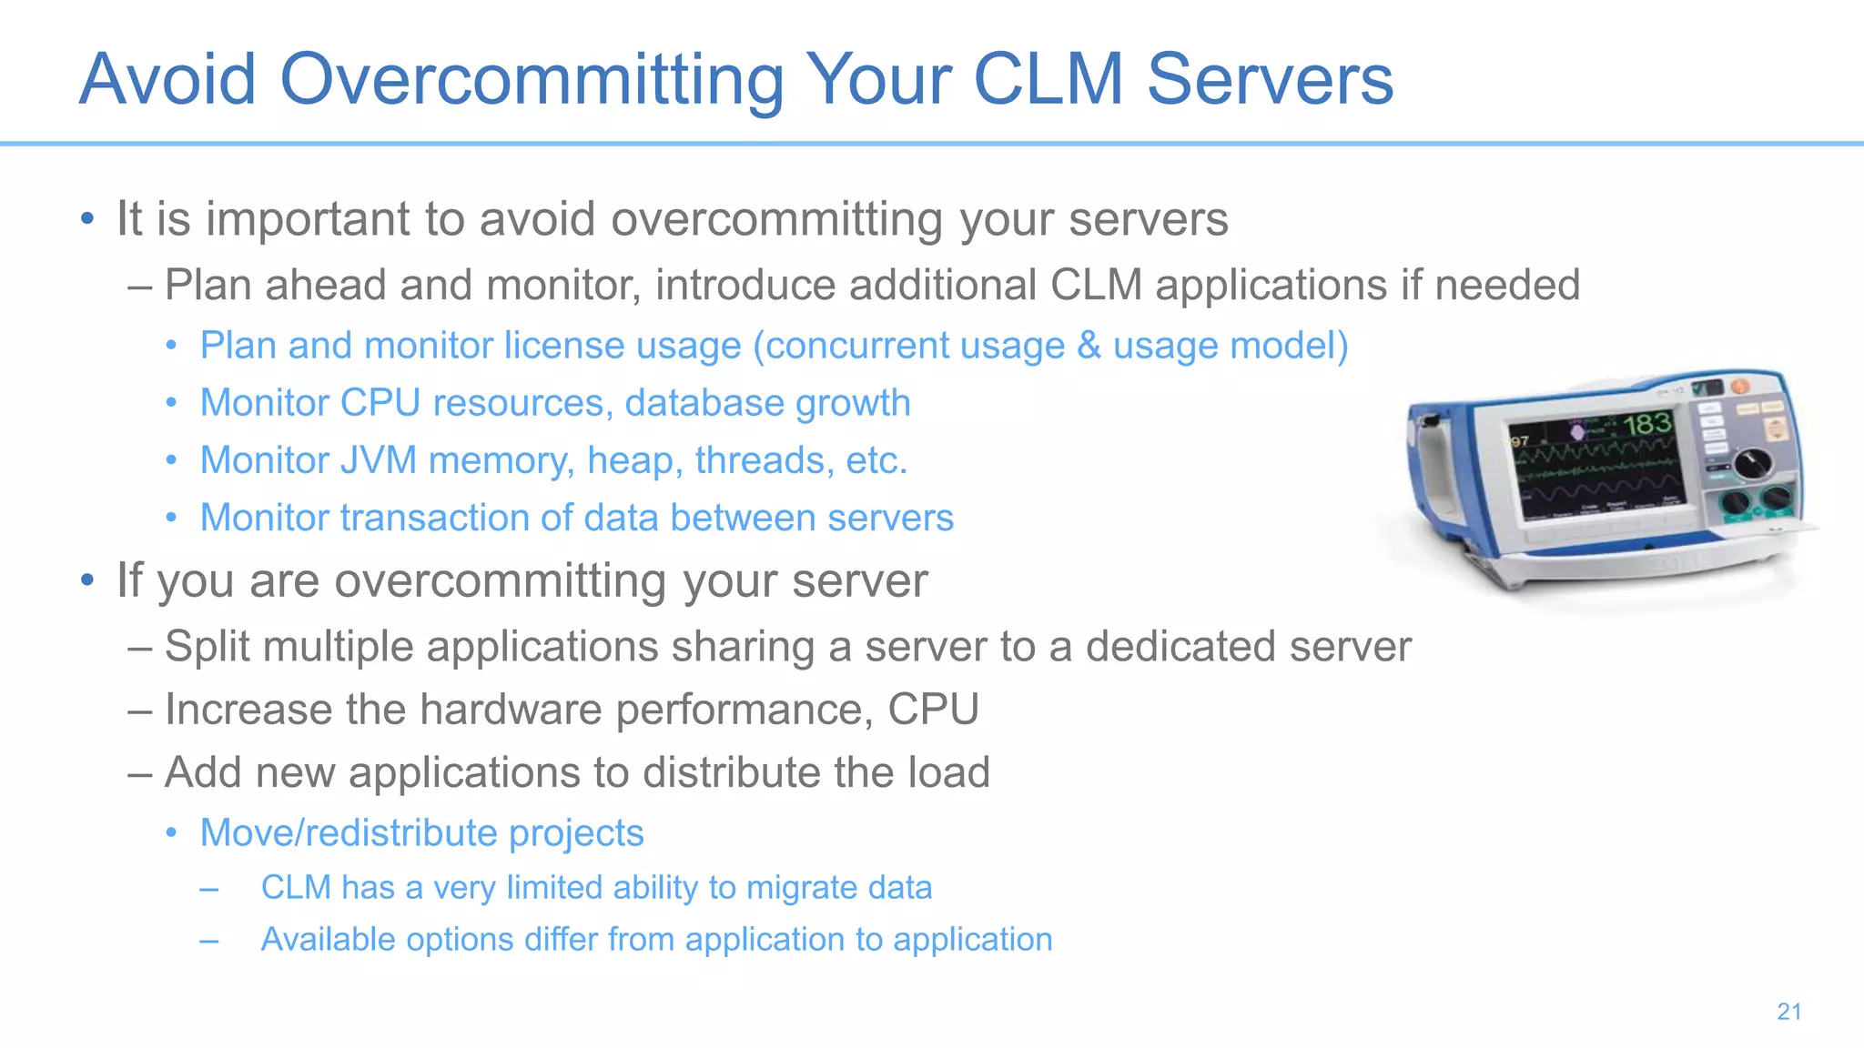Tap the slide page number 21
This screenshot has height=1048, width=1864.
(x=1788, y=1012)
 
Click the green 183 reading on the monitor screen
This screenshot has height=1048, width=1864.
(x=1646, y=424)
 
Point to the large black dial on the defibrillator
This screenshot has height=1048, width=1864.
(x=1752, y=463)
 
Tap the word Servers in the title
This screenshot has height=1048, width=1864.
(x=1270, y=80)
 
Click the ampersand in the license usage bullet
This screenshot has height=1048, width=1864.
(x=1089, y=346)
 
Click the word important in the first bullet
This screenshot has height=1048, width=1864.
(x=308, y=220)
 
